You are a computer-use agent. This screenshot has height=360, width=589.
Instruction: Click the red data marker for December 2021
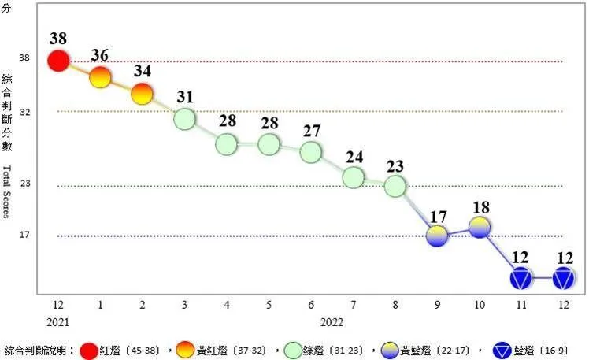(x=58, y=61)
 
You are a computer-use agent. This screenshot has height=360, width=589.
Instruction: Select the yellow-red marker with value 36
(x=100, y=77)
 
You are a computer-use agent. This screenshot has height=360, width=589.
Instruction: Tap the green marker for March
(x=184, y=119)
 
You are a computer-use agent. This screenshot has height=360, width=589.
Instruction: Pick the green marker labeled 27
(x=311, y=151)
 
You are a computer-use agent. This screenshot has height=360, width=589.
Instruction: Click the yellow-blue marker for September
(x=437, y=235)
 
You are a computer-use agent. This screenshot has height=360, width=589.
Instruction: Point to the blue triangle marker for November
(x=521, y=277)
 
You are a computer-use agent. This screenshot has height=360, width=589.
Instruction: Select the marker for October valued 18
(x=480, y=227)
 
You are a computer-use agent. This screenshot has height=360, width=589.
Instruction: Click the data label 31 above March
(x=185, y=97)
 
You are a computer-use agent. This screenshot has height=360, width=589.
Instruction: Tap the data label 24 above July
(x=354, y=156)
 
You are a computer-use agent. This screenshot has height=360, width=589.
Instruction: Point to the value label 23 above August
(x=395, y=165)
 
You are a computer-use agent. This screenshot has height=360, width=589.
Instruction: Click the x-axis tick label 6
(x=312, y=304)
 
